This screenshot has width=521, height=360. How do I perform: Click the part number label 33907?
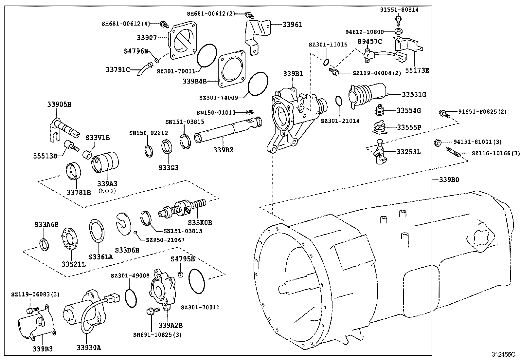pyautogui.click(x=147, y=38)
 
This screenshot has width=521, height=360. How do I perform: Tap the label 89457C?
pyautogui.click(x=369, y=41)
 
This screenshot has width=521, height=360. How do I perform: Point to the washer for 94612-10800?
pyautogui.click(x=398, y=31)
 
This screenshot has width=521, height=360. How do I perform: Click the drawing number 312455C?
pyautogui.click(x=503, y=354)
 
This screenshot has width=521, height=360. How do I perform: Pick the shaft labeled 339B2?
pyautogui.click(x=226, y=130)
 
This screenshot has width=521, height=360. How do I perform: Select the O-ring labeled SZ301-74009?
pyautogui.click(x=258, y=85)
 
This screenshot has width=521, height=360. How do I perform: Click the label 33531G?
pyautogui.click(x=414, y=95)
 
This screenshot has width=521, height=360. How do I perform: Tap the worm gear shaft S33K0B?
pyautogui.click(x=183, y=208)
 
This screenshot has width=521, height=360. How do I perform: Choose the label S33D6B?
pyautogui.click(x=127, y=250)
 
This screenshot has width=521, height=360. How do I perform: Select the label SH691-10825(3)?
pyautogui.click(x=157, y=335)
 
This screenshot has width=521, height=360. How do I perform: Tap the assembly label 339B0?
pyautogui.click(x=449, y=180)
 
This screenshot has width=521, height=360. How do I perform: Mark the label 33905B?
pyautogui.click(x=59, y=104)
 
